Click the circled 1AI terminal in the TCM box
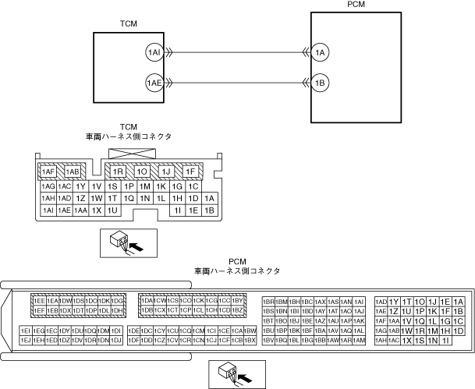154,52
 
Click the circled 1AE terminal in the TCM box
154,81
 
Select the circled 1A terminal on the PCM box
318,52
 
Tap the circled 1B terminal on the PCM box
318,81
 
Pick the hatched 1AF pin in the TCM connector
48,172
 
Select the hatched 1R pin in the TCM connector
119,172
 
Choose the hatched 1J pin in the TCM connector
165,172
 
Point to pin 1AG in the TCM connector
48,187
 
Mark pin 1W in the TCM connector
96,199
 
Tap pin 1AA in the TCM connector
80,210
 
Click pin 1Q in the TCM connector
129,199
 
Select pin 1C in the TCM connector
193,187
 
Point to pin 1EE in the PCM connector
38,300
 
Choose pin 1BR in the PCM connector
269,301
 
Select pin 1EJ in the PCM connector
25,341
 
